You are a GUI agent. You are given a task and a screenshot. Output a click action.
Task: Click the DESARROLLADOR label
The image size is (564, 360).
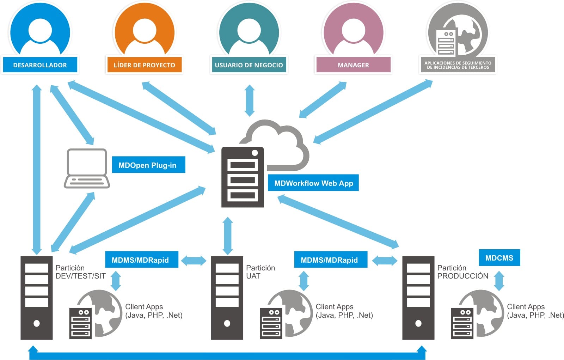[x=40, y=65]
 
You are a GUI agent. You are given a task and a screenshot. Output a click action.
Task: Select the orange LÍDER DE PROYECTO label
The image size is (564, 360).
[x=144, y=65]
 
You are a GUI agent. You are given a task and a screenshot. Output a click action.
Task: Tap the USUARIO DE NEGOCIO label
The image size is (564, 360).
[x=249, y=65]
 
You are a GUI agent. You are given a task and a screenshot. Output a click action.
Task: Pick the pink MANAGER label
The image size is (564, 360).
[x=353, y=65]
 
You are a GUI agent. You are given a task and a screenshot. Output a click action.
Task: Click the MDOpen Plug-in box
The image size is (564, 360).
[x=148, y=165]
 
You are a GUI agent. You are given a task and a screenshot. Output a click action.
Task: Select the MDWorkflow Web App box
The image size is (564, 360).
[x=313, y=183]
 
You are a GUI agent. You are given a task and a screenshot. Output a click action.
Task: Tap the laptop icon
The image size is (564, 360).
[x=87, y=168]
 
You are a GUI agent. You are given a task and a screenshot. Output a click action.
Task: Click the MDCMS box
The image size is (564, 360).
[x=499, y=258]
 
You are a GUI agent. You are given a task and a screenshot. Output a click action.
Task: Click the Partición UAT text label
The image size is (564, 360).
[x=260, y=272]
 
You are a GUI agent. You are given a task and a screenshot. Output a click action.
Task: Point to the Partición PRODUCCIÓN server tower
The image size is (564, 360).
[x=418, y=298]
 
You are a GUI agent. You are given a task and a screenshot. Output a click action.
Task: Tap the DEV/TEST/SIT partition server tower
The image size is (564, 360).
[x=36, y=298]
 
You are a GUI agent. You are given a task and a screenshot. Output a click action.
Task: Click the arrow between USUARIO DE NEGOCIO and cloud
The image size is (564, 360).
[x=250, y=100]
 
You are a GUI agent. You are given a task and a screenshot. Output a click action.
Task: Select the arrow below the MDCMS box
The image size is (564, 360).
[x=499, y=281]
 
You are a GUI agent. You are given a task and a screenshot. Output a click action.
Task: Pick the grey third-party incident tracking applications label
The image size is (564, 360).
[x=458, y=65]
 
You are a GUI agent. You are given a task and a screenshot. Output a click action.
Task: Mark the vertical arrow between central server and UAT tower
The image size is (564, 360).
[x=228, y=236]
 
